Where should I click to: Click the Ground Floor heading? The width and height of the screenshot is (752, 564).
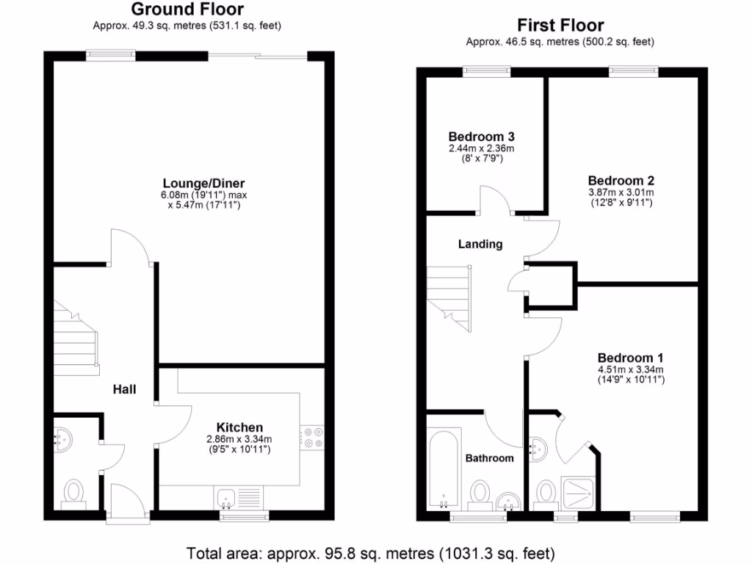187,10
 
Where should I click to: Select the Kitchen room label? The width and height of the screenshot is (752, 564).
239,427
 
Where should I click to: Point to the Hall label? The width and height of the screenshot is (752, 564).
124,390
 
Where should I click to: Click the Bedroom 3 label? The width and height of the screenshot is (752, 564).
481,137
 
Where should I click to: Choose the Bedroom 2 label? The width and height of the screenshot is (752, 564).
621,181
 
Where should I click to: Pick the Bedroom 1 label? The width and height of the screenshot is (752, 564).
630,358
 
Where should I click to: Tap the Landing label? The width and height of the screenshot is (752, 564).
480,244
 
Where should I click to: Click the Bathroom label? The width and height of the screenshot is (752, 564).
490,458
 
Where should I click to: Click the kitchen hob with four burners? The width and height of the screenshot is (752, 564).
312,438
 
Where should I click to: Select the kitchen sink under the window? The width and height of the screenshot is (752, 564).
226,498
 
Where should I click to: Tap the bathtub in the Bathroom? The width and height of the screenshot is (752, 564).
444,470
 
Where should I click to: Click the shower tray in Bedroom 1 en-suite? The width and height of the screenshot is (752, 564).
580,492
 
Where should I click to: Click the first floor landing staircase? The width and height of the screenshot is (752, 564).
449,297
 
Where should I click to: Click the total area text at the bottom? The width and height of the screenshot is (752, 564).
370,553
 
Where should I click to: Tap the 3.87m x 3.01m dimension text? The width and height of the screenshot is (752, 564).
621,193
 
